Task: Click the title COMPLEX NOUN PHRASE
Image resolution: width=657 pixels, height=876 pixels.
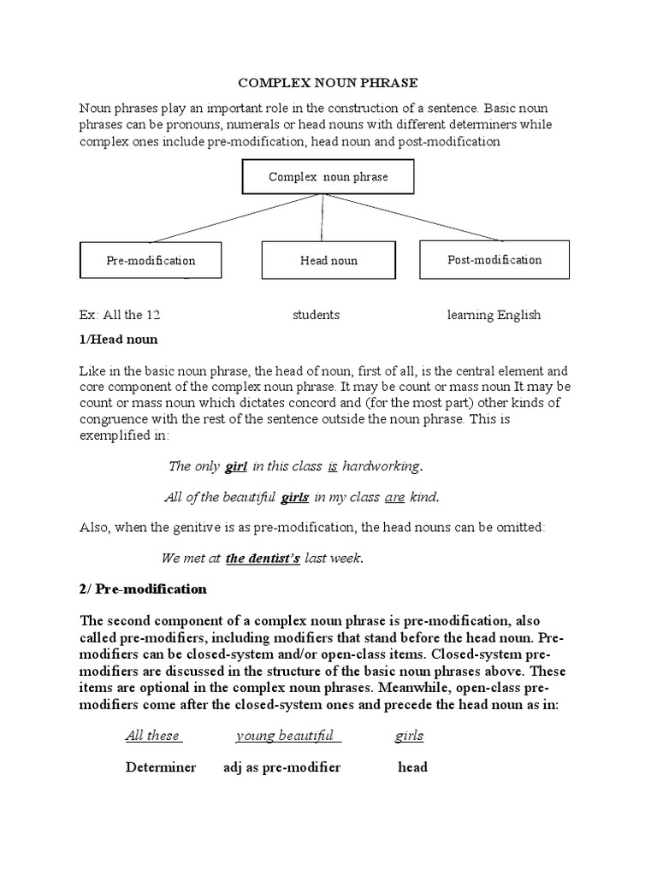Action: [328, 84]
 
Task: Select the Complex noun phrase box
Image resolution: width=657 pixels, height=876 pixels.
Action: [328, 177]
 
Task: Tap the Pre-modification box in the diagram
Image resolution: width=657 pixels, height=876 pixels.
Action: [151, 260]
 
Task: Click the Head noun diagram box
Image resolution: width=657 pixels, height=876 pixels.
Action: [328, 260]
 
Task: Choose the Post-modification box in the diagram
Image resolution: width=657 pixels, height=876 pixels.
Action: [494, 259]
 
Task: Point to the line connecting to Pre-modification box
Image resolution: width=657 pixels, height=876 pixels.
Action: [231, 218]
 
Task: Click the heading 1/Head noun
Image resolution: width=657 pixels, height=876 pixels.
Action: [119, 339]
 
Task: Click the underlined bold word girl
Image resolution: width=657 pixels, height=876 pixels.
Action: [236, 466]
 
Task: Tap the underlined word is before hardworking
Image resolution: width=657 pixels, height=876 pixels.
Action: [334, 466]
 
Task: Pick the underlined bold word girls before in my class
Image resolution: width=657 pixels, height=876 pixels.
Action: [294, 497]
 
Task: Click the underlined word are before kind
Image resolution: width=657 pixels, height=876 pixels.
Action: [394, 497]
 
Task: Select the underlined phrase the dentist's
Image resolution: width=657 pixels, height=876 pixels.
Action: [263, 559]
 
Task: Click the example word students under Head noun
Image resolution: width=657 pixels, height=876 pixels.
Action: [316, 315]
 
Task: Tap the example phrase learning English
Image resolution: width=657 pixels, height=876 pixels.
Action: [494, 315]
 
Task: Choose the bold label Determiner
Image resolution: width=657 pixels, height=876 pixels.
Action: [161, 767]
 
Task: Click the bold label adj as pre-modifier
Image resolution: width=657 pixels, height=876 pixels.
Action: [281, 767]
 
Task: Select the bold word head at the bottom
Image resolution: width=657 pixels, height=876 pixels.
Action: [412, 767]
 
